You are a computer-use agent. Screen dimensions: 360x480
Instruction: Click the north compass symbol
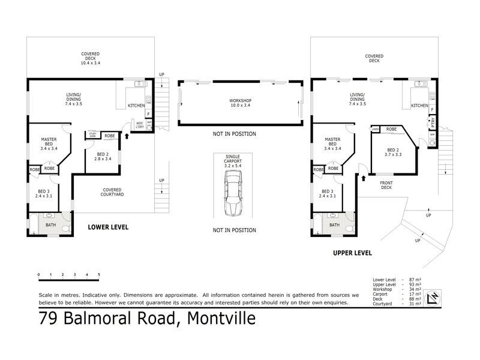point(432,297)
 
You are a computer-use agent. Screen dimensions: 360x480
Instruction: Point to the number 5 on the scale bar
point(98,275)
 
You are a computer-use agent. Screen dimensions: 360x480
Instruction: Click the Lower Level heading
point(108,227)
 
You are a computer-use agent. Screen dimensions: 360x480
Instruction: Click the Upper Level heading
point(353,253)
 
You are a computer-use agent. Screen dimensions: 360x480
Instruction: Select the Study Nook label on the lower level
point(93,136)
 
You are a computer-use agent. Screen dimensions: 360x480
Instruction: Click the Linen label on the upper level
point(375,129)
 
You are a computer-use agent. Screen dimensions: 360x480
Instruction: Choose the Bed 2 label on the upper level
point(393,152)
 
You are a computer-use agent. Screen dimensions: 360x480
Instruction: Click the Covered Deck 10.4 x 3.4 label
point(91,58)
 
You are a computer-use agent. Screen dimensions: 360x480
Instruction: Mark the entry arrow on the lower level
point(127,136)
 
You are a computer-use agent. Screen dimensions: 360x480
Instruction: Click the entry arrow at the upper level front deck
point(363,178)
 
